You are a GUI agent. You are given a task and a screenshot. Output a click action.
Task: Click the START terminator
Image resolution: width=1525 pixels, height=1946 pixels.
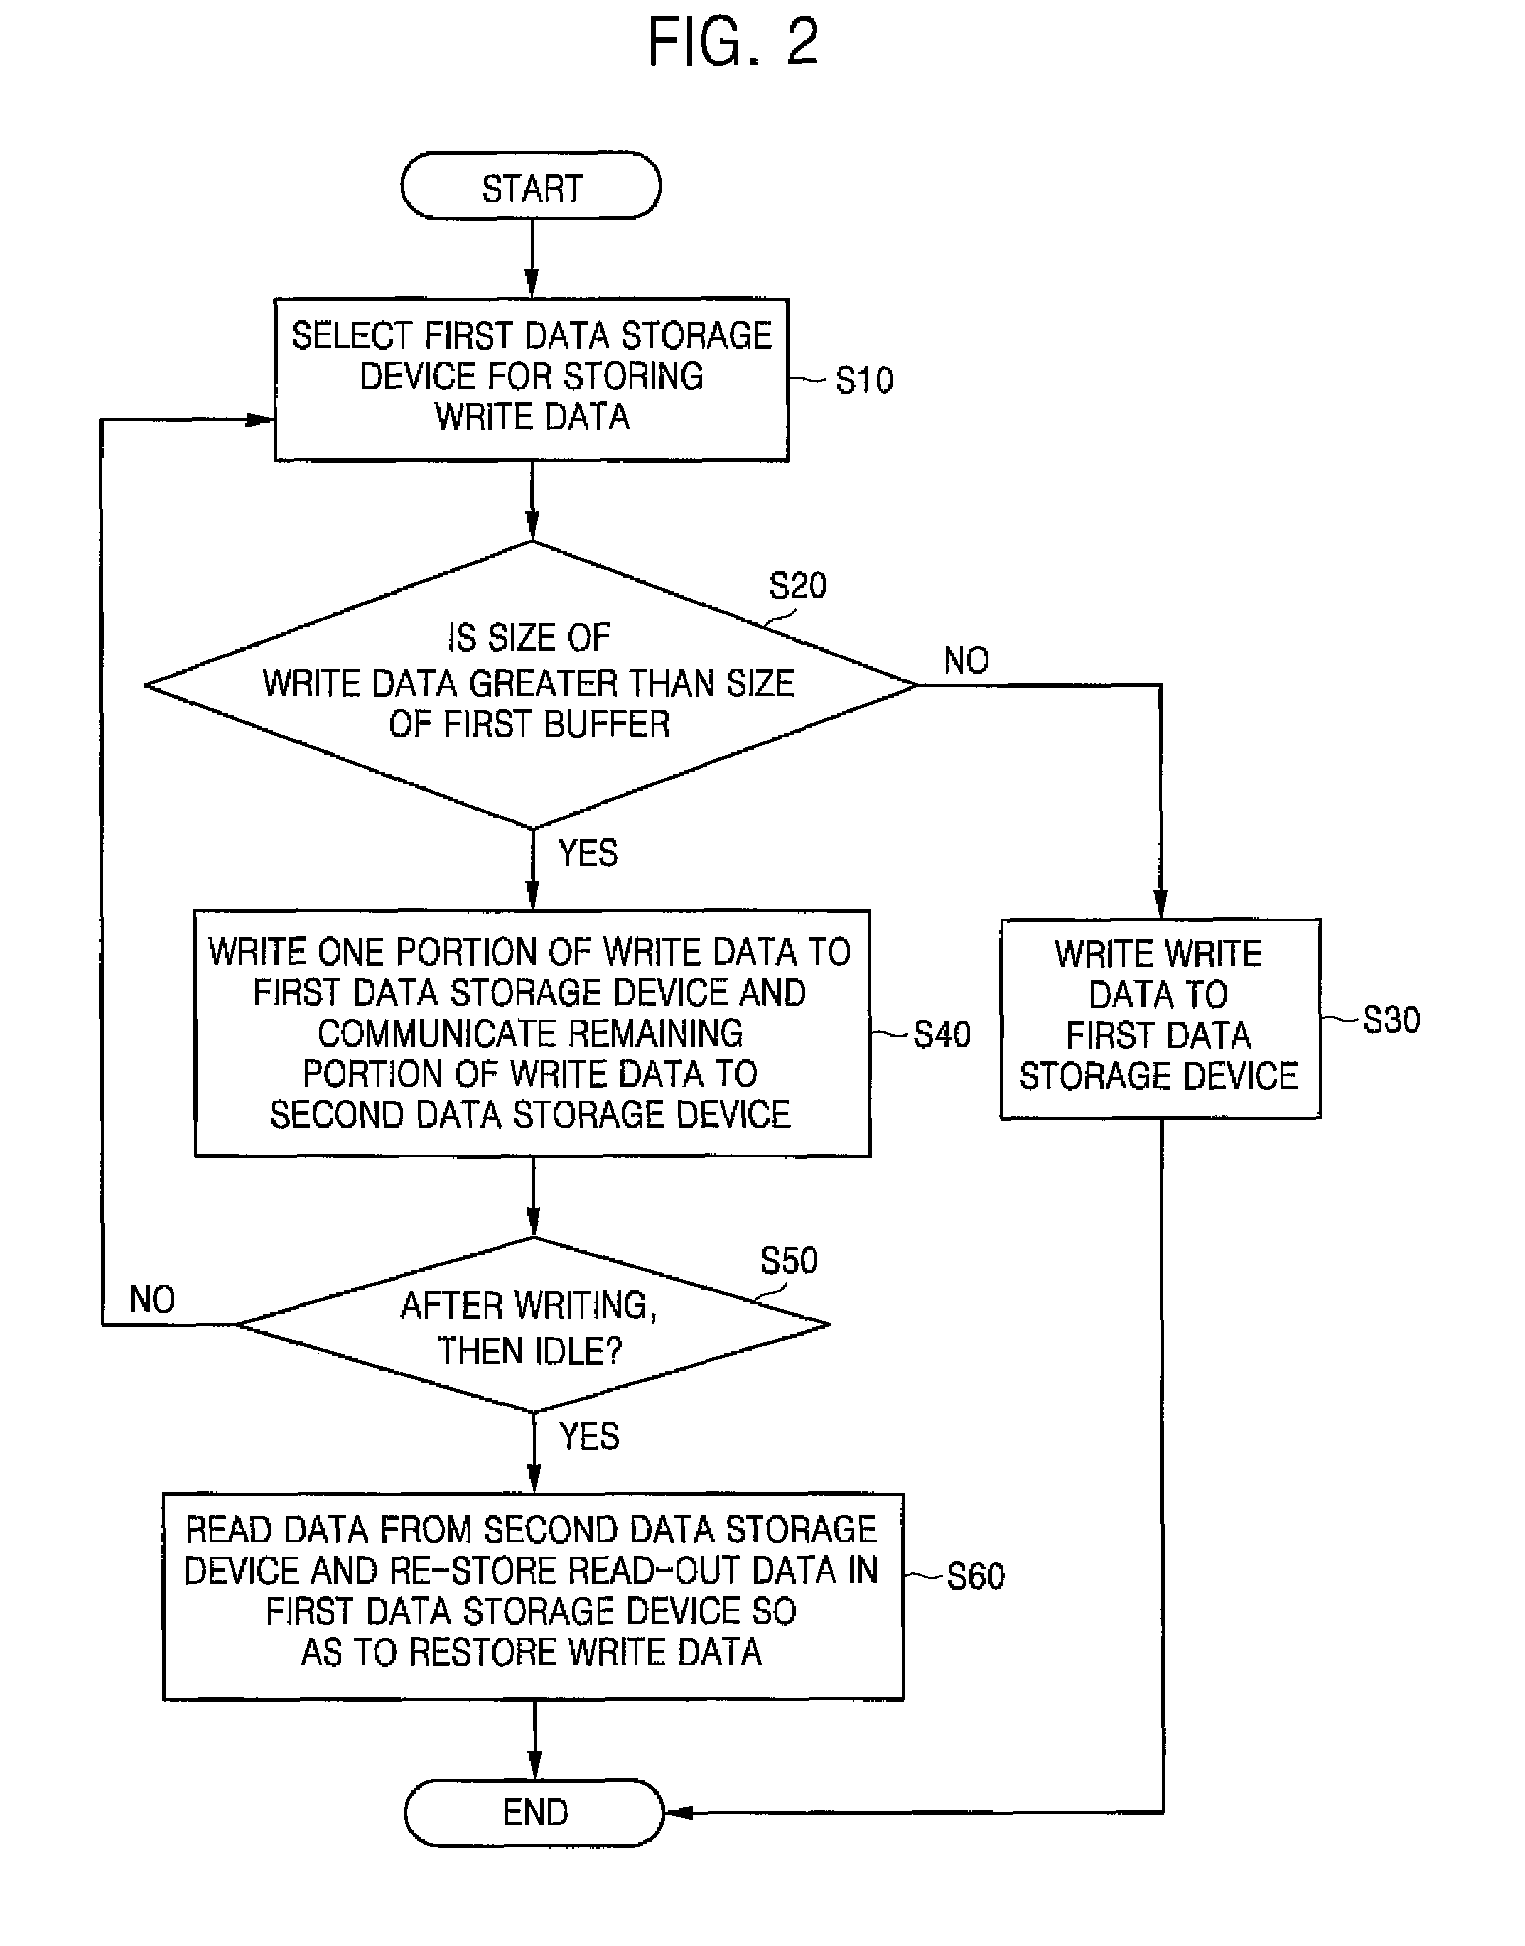tap(532, 185)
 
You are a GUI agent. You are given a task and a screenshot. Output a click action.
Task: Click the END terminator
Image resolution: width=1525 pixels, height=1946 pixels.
tap(534, 1812)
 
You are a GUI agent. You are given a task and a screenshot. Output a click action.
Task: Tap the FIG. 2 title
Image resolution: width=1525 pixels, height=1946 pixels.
tap(732, 42)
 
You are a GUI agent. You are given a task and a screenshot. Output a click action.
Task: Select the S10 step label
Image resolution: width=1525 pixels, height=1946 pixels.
tap(863, 381)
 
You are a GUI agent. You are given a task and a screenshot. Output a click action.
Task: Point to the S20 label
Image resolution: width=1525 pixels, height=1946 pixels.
tap(797, 586)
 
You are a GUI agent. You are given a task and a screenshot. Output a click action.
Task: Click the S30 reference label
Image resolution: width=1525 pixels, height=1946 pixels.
tap(1390, 1020)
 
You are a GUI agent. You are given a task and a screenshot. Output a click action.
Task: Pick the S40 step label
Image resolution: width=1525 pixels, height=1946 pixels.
tap(941, 1034)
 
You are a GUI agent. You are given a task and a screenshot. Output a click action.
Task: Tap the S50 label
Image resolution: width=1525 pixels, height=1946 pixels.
tap(788, 1261)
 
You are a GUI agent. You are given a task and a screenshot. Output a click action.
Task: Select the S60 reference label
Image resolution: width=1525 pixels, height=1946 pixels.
tap(975, 1577)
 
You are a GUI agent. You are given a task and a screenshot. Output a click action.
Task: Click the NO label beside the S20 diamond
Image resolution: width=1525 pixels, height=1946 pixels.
tap(966, 661)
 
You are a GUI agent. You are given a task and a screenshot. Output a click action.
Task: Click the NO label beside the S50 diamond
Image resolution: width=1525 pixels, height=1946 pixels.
tap(152, 1299)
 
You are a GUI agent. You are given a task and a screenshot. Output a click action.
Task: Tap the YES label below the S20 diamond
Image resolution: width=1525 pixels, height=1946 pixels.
tap(588, 853)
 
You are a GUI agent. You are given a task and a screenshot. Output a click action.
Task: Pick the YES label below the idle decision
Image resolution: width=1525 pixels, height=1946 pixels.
tap(588, 1437)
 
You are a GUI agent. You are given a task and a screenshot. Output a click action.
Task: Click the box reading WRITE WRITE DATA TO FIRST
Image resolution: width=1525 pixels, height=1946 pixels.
tap(1160, 1017)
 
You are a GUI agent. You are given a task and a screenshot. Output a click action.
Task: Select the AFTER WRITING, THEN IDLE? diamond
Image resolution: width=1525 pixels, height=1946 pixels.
tap(533, 1325)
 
